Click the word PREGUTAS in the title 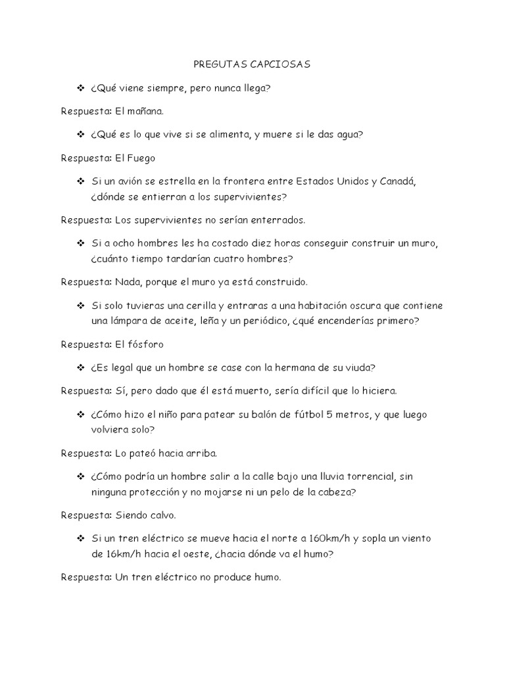(x=217, y=64)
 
